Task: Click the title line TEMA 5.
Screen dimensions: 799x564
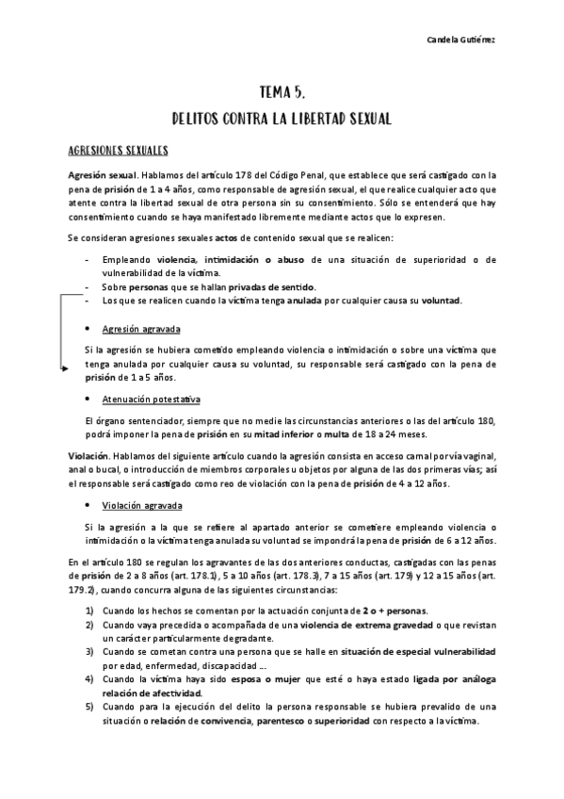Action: [x=282, y=92]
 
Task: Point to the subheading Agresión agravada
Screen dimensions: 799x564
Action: [x=141, y=329]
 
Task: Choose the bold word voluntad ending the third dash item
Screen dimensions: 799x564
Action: [x=440, y=301]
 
